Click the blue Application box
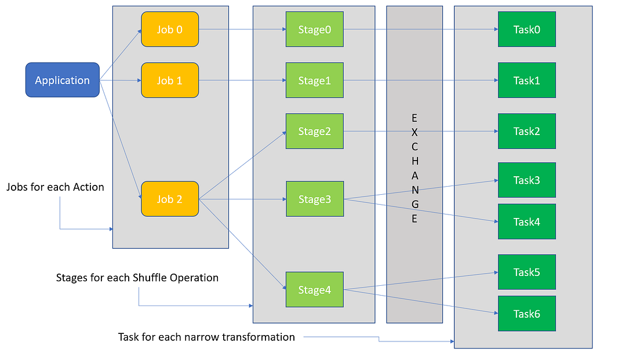click(x=63, y=80)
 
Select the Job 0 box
click(x=170, y=30)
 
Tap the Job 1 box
click(x=170, y=81)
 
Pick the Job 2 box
click(x=170, y=199)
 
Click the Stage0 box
click(x=314, y=30)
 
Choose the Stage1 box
click(x=314, y=81)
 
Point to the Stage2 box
click(x=314, y=131)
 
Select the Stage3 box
click(x=314, y=199)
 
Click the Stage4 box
click(x=314, y=289)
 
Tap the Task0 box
click(x=526, y=30)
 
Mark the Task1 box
click(x=526, y=81)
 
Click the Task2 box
click(x=526, y=131)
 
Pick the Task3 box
click(x=526, y=180)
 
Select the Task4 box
click(x=526, y=221)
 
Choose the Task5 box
click(x=526, y=272)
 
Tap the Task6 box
click(x=526, y=314)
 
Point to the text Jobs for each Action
click(x=55, y=187)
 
